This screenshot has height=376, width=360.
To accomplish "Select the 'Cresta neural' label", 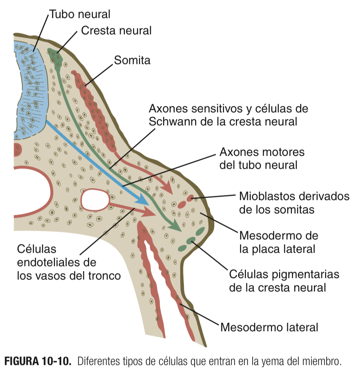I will coord(116,30).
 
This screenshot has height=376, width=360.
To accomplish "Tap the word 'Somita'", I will coord(132,60).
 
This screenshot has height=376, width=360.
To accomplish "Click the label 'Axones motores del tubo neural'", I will coord(262,158).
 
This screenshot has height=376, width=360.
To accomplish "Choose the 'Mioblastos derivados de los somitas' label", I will coord(294,202).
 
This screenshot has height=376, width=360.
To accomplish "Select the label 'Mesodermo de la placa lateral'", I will coord(278,242).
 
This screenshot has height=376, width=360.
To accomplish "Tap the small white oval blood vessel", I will coord(95,199).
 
